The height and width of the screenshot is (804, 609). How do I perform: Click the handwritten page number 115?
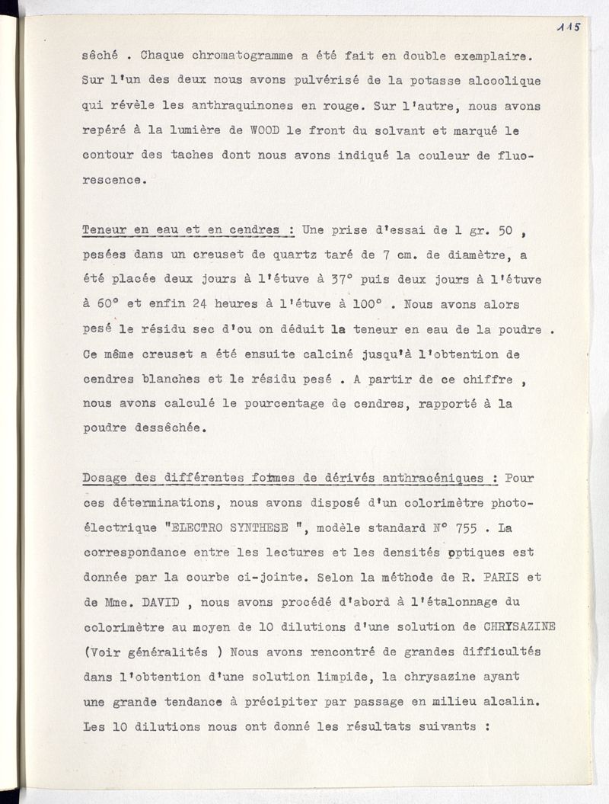tap(568, 27)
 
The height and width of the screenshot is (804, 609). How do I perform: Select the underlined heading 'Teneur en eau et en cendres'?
tap(189, 229)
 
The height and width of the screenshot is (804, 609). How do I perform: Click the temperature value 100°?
tap(364, 304)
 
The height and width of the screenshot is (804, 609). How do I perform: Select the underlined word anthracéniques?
tap(422, 479)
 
